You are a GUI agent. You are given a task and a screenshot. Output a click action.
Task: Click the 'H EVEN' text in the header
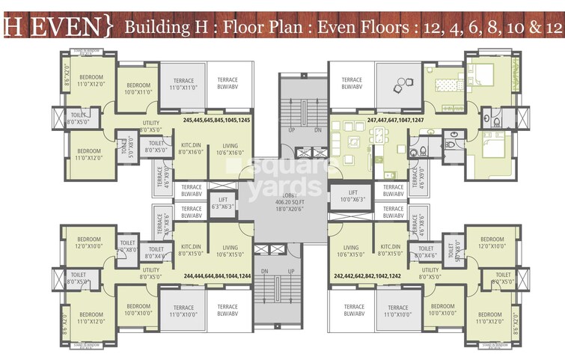click(56, 27)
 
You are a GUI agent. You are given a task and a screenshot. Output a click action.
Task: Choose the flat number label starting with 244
click(221, 275)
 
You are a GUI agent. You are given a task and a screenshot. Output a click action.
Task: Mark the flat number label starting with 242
click(367, 275)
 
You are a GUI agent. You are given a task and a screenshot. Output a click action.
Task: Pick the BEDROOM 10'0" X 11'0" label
click(137, 88)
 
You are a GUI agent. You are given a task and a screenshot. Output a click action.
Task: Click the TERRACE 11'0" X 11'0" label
click(183, 84)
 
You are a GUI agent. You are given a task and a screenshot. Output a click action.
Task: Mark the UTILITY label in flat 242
click(430, 272)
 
